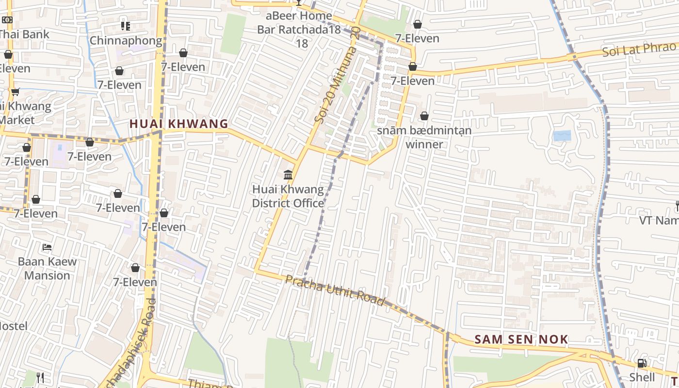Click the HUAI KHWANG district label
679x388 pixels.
[x=178, y=124]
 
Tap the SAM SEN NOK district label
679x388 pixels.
[x=521, y=339]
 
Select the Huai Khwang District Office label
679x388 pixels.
[x=288, y=196]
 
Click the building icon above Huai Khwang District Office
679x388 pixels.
[x=288, y=175]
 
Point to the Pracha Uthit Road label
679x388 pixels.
[x=335, y=290]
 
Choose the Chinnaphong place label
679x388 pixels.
[x=126, y=40]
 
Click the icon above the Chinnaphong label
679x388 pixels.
[x=126, y=26]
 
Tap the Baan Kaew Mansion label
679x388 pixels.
[x=47, y=268]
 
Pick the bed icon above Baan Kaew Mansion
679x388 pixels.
[x=47, y=247]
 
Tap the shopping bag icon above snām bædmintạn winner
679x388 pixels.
[x=424, y=116]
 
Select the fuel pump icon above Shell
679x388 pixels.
[x=642, y=363]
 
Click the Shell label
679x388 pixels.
[x=642, y=377]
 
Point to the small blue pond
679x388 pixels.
[x=562, y=136]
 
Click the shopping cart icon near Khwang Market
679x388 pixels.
[x=15, y=92]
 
